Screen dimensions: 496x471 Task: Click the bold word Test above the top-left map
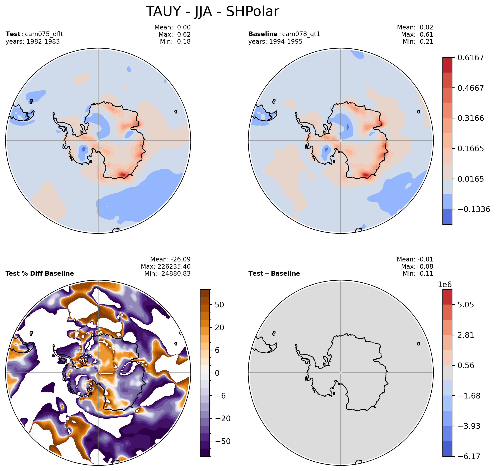pos(13,34)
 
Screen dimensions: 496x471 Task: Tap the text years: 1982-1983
pos(33,41)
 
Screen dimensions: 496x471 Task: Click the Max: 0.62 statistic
pos(174,34)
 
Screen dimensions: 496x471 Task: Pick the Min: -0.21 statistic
pos(418,41)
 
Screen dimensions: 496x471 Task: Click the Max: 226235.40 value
pos(166,266)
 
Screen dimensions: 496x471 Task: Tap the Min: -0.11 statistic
pos(418,273)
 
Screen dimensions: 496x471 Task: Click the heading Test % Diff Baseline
pos(40,273)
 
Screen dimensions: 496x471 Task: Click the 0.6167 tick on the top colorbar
pos(470,58)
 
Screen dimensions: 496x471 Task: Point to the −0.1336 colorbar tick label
pos(474,209)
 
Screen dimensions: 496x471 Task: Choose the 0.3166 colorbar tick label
pos(470,118)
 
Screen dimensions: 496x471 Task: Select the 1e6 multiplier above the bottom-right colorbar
pos(445,284)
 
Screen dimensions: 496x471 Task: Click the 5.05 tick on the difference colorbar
pos(466,305)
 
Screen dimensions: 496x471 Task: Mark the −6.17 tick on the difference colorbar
pos(469,456)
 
